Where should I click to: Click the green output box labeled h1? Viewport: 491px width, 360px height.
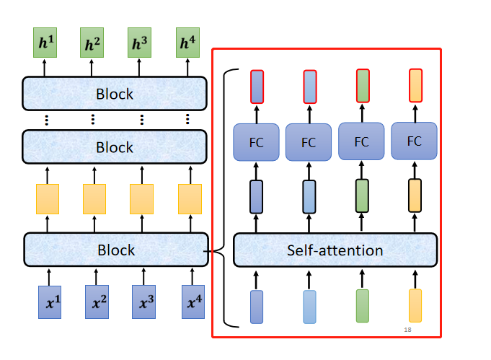[x=45, y=43]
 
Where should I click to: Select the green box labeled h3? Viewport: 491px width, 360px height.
[x=139, y=43]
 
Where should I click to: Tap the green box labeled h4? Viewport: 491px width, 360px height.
[x=187, y=43]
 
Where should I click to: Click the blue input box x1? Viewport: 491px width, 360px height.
[x=50, y=302]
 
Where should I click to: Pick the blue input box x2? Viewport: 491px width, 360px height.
[x=97, y=302]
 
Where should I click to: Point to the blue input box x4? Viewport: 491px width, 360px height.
[x=193, y=302]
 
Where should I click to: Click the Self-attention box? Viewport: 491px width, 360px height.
[x=335, y=250]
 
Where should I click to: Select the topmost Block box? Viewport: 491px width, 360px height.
[x=115, y=94]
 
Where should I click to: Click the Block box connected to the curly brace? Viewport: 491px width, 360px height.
[x=116, y=250]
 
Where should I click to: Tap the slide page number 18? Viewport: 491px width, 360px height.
[x=407, y=330]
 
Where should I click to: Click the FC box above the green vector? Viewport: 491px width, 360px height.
[x=361, y=141]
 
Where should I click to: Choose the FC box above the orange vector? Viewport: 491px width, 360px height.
[x=414, y=141]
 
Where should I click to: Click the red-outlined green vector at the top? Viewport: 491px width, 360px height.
[x=363, y=86]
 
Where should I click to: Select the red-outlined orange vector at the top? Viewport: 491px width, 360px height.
[x=415, y=86]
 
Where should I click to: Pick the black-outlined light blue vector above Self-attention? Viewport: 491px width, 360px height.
[x=309, y=197]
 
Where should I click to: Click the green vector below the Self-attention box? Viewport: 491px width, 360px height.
[x=363, y=306]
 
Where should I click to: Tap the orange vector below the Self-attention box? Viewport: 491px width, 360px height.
[x=415, y=306]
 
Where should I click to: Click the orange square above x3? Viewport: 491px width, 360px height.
[x=141, y=199]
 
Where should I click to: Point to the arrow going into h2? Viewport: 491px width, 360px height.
[x=92, y=68]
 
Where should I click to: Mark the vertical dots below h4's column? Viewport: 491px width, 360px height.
[x=187, y=119]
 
